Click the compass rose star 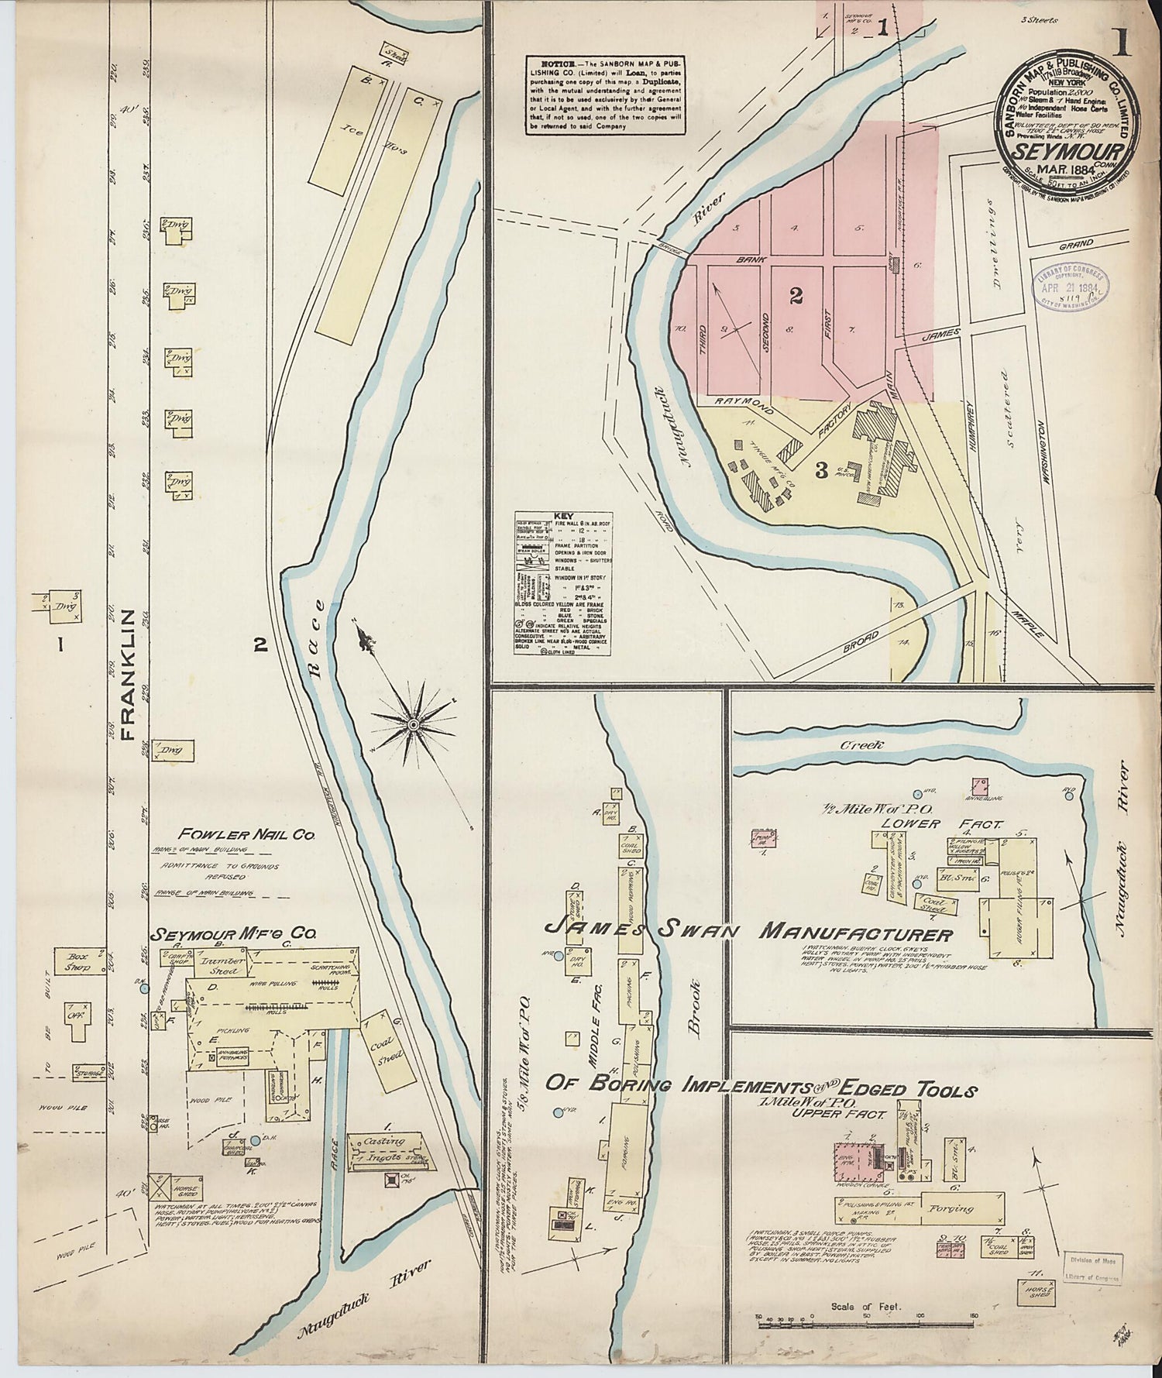click(413, 724)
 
